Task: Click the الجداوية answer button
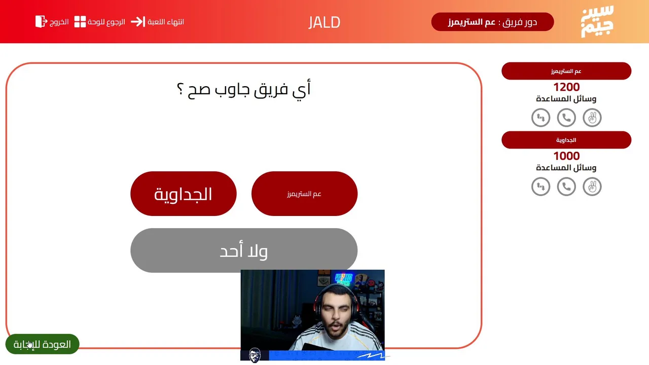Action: [184, 194]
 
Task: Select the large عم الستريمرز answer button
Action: [305, 194]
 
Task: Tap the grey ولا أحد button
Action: [244, 250]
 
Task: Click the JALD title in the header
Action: [324, 22]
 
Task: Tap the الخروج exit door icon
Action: [41, 22]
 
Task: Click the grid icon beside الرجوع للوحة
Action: [80, 22]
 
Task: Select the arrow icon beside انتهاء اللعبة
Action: [138, 22]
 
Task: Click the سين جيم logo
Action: [597, 21]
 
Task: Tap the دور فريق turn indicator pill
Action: [492, 22]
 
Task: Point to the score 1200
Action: [566, 87]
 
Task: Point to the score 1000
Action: [566, 156]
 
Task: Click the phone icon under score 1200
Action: [566, 118]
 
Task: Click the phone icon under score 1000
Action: [566, 187]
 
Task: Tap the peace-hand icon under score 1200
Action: [592, 118]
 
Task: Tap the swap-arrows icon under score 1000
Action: [540, 187]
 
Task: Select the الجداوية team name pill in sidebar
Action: [566, 140]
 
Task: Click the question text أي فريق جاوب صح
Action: [244, 89]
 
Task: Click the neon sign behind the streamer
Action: [343, 279]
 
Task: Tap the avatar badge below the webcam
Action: [255, 355]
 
